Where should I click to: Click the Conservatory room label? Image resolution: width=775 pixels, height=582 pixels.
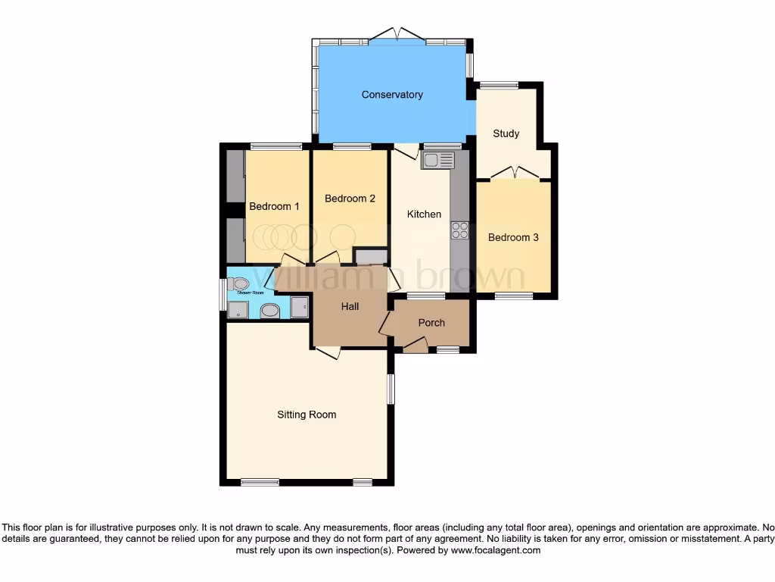coord(392,95)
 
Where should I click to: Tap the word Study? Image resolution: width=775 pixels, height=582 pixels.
coord(506,133)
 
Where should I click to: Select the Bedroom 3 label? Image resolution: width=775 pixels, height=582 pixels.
coord(513,237)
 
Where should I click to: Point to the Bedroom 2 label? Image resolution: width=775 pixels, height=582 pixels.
coord(350,199)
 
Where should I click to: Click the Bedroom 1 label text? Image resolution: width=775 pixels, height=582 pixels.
coord(274,206)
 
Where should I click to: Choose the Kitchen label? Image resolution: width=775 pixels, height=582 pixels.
coord(424,214)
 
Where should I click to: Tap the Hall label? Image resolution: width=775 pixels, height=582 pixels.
coord(350,306)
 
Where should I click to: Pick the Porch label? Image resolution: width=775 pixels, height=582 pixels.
coord(431,322)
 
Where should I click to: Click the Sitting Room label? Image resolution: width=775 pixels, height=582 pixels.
coord(307,415)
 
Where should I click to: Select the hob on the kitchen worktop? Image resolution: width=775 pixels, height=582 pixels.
coord(459,230)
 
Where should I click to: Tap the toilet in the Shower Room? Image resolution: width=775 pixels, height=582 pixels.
coord(241,284)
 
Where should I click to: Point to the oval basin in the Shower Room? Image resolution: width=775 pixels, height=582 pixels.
coord(269,309)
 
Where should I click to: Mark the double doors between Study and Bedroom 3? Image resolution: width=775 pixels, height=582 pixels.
coord(515,173)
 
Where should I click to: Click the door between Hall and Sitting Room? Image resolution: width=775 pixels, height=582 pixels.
coord(327,352)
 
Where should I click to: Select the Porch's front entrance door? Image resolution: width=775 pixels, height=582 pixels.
coord(415,347)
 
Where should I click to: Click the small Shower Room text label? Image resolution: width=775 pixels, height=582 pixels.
coord(250,293)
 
